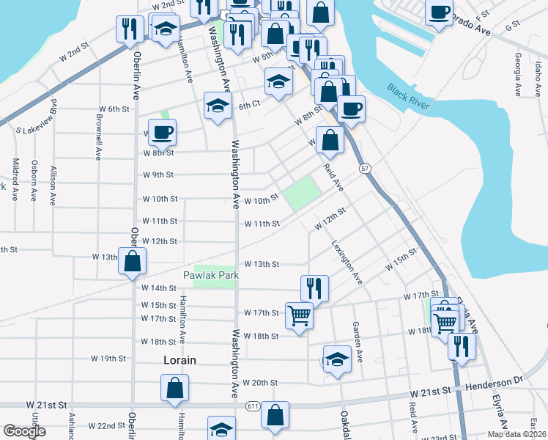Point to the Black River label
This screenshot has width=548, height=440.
pyautogui.click(x=409, y=98)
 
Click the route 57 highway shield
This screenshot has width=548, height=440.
pyautogui.click(x=365, y=169)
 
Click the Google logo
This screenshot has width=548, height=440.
pyautogui.click(x=24, y=431)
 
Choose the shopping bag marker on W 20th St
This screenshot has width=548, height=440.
pyautogui.click(x=175, y=388)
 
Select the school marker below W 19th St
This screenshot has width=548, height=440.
pyautogui.click(x=337, y=359)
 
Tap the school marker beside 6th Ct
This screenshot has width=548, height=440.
pyautogui.click(x=218, y=107)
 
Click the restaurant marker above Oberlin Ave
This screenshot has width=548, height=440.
pyautogui.click(x=130, y=29)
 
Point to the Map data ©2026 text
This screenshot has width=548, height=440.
pyautogui.click(x=516, y=434)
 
